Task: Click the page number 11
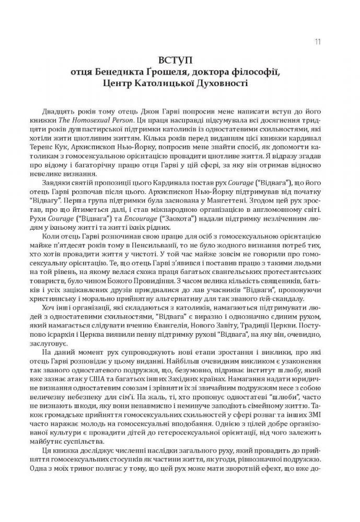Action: coord(318,42)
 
